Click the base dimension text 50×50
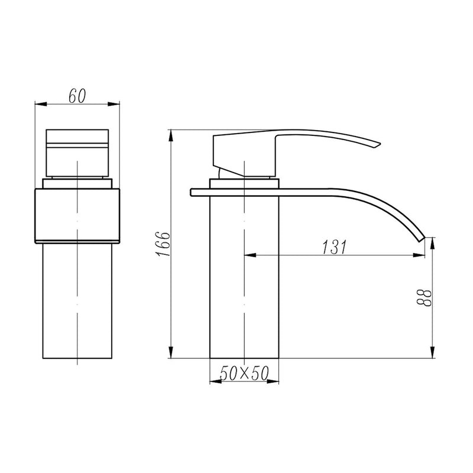tap(244, 373)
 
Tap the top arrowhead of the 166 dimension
tap(171, 134)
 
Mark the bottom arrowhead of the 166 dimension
tap(171, 354)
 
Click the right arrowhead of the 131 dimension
tap(420, 256)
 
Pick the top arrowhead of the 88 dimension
tap(433, 241)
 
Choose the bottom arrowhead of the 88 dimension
tap(433, 354)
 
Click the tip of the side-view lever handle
tap(377, 145)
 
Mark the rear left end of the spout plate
tap(193, 192)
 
